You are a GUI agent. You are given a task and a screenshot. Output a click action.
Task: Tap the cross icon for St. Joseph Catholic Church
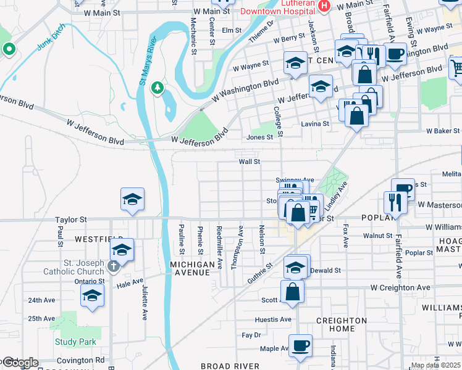[x=112, y=266]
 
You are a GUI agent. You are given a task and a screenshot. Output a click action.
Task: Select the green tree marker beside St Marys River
[x=157, y=87]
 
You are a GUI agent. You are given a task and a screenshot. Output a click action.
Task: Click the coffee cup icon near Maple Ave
[x=300, y=346]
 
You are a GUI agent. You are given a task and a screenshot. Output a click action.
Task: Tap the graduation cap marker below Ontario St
[x=93, y=296]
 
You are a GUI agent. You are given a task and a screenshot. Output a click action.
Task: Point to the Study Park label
[x=75, y=342]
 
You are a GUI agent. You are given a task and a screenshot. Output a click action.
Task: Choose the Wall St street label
[x=250, y=162]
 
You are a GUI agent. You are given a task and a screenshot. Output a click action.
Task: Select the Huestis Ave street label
[x=273, y=319]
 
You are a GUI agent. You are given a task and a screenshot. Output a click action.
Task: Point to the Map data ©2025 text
[x=435, y=366]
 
